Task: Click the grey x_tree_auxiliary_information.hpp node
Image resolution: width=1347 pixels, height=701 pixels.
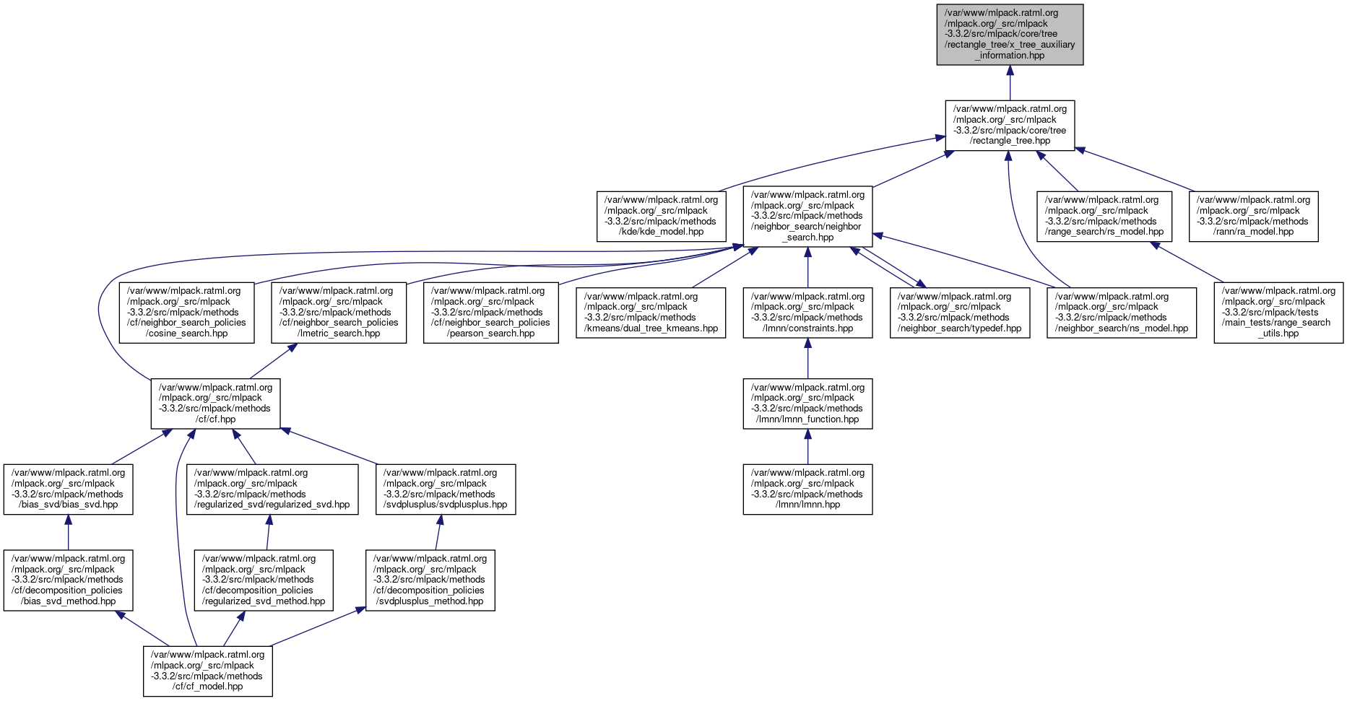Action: [x=1010, y=34]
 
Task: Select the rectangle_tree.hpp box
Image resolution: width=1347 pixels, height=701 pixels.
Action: [x=1010, y=126]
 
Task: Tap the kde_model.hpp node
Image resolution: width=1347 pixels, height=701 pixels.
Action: [x=661, y=216]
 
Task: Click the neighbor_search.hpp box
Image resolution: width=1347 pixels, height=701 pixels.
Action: [x=807, y=216]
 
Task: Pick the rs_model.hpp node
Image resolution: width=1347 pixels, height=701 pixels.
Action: [x=1104, y=216]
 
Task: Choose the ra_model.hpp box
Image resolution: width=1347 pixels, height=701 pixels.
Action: [x=1253, y=216]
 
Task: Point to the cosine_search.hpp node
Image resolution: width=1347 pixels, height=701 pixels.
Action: [x=186, y=312]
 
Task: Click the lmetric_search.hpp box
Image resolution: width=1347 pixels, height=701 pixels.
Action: [x=339, y=312]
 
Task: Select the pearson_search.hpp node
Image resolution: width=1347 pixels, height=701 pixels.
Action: [x=490, y=312]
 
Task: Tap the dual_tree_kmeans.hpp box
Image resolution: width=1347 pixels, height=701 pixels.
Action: [x=651, y=312]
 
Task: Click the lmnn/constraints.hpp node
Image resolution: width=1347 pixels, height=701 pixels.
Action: [x=807, y=312]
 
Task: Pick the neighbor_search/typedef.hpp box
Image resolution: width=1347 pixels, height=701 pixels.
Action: [x=959, y=312]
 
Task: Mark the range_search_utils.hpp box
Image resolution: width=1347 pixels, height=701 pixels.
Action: [x=1278, y=312]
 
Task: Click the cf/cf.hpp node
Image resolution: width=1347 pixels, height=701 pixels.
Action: [x=215, y=403]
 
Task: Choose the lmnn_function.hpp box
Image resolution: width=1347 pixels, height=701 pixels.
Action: [x=807, y=403]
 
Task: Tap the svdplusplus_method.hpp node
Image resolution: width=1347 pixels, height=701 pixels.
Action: [x=430, y=580]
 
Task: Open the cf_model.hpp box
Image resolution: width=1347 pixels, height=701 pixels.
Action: [x=208, y=671]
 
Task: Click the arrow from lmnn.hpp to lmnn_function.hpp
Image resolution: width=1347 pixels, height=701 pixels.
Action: [x=807, y=447]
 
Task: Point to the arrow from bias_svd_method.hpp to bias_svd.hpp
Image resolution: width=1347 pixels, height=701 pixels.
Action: [x=68, y=533]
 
